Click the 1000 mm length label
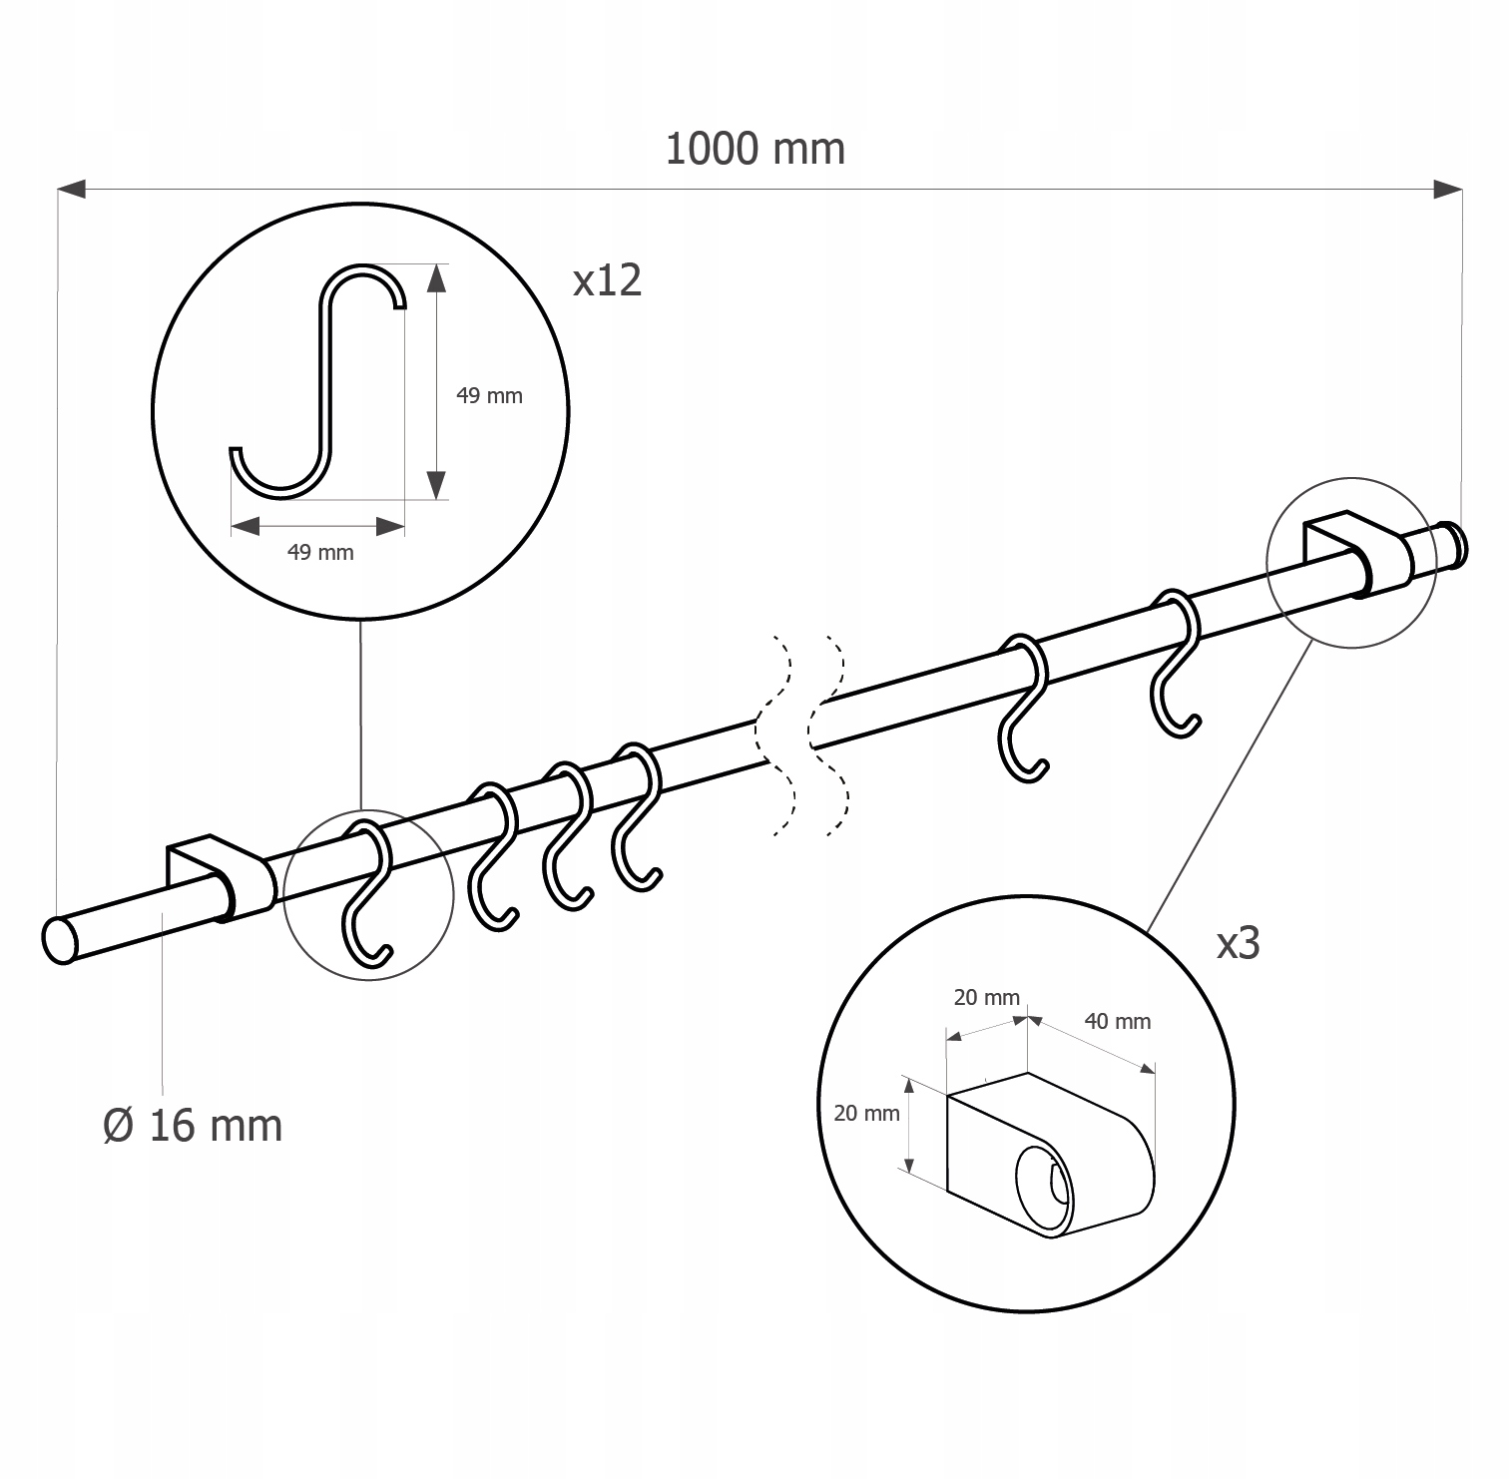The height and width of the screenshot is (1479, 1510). pos(755,149)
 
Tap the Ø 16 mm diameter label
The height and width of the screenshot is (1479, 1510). pos(193,1126)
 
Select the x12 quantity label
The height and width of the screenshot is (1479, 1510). pos(607,280)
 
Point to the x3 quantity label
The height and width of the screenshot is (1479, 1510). pos(1238,943)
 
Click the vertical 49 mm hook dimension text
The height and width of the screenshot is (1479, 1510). pos(489,395)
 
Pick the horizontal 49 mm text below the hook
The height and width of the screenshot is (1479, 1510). pos(320,552)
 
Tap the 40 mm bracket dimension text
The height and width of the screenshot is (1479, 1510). pos(1118,1021)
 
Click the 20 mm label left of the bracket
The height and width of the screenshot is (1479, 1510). pos(866,1113)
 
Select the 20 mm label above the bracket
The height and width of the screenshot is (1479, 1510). pos(987,997)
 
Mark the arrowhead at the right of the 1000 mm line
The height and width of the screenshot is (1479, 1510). pos(1448,188)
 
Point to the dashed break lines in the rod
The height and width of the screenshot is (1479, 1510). pos(801,734)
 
